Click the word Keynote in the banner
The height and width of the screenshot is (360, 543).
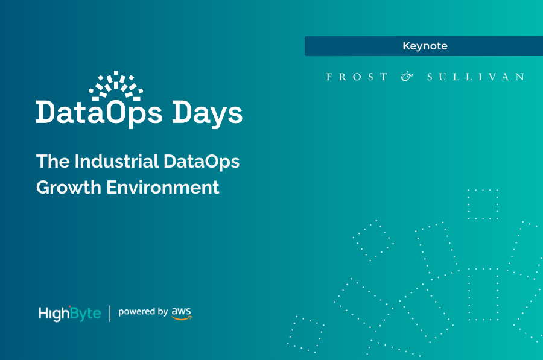coord(425,46)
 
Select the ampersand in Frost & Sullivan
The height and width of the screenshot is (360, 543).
coord(407,77)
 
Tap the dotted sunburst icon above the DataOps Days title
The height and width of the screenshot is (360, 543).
coord(116,85)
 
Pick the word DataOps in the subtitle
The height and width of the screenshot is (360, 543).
coord(203,162)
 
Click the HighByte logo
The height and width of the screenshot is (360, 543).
coord(69,313)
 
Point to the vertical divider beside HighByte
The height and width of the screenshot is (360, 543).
coord(110,313)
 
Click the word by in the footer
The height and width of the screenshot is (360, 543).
coord(162,312)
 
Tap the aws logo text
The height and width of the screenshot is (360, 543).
coord(181,310)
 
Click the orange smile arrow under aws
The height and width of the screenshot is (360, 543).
coord(182,318)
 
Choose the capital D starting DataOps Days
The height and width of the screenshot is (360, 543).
coord(46,113)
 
